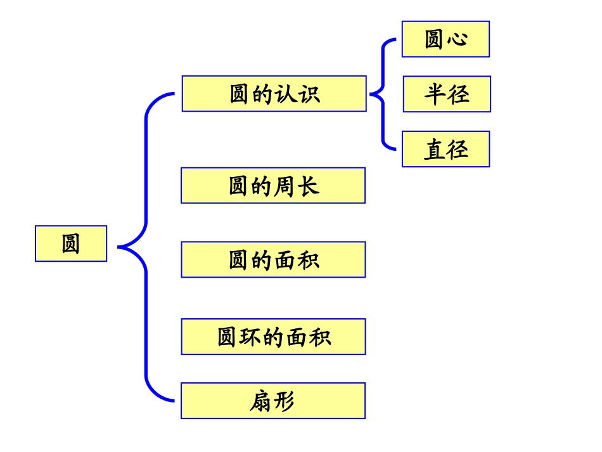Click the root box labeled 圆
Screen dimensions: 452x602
point(71,243)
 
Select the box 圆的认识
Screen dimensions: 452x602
point(274,94)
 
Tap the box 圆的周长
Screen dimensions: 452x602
point(273,186)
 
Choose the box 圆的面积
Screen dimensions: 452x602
point(273,260)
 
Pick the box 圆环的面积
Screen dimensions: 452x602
point(273,337)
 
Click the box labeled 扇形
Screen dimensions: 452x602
point(273,401)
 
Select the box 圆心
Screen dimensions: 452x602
point(445,39)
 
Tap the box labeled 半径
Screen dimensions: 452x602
point(447,94)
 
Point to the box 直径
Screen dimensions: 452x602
point(445,149)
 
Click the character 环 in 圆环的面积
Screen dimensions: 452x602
point(252,337)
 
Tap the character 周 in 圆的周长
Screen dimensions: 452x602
point(285,186)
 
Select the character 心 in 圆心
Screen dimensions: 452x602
point(457,39)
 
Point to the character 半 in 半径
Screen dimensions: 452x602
point(435,94)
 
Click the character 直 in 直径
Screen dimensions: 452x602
point(434,150)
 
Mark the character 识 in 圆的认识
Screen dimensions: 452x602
point(309,94)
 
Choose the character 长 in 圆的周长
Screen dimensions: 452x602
point(308,186)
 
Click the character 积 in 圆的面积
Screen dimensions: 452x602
point(308,261)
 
